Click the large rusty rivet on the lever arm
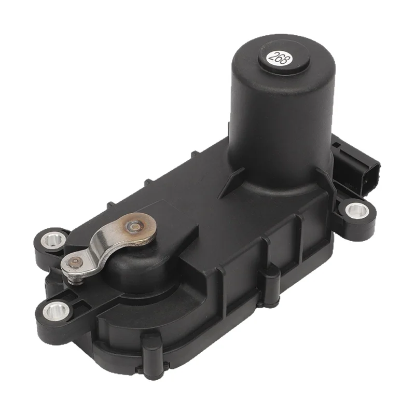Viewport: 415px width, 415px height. pyautogui.click(x=136, y=226)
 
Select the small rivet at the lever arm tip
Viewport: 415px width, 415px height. pyautogui.click(x=76, y=262)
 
